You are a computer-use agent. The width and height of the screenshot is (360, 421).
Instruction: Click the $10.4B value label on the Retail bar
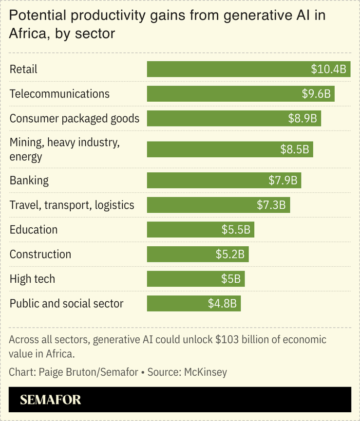point(328,69)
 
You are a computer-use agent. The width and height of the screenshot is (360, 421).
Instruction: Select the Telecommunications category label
point(59,93)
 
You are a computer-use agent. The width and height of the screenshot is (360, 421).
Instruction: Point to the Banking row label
point(29,180)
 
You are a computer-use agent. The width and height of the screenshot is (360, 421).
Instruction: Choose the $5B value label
point(230,279)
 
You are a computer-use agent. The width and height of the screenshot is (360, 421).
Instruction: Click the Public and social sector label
point(66,304)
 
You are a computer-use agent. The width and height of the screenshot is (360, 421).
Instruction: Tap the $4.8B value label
point(222,304)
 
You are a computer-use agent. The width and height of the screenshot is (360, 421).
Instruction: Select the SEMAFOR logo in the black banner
point(50,400)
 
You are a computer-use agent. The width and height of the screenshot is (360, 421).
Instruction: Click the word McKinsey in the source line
point(205,372)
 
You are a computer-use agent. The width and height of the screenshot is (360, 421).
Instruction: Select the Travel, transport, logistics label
point(72,205)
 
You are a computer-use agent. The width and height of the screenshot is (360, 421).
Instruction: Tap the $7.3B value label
point(271,205)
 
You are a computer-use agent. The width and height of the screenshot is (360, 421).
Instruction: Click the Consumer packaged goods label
point(74,118)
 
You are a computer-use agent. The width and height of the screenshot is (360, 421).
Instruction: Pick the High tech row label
point(32,279)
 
